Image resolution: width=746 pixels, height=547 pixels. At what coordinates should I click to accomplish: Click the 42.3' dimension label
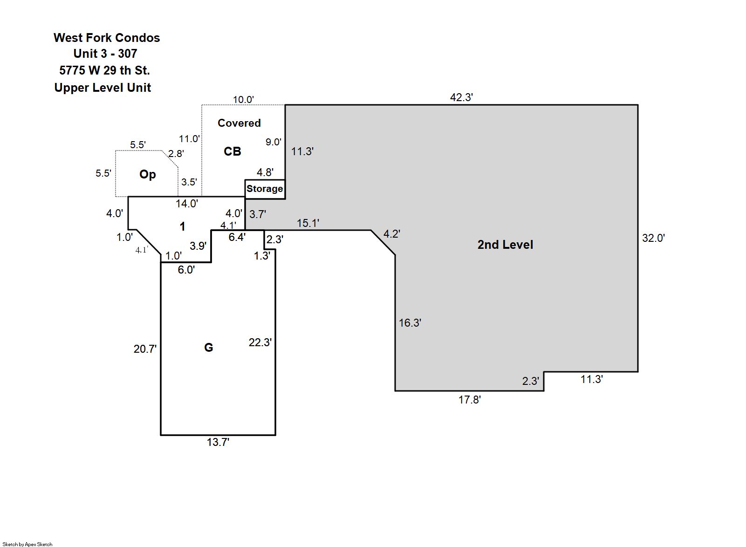[x=461, y=97]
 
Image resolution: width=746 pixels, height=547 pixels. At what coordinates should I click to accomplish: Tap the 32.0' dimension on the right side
[x=653, y=238]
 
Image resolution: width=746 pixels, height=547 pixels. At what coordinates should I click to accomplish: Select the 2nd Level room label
[x=505, y=245]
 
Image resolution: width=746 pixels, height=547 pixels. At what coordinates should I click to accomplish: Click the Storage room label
[x=265, y=189]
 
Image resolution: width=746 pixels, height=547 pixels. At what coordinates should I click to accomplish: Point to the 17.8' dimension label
[x=469, y=400]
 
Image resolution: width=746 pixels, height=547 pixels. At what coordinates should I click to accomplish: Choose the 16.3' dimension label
[x=410, y=323]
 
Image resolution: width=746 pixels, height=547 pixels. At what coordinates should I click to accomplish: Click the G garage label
[x=209, y=348]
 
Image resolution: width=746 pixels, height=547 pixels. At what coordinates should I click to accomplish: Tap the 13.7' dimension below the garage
[x=218, y=442]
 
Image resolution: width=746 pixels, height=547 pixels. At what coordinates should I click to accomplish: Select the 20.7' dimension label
[x=145, y=349]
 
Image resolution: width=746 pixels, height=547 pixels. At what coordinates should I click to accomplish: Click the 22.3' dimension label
[x=260, y=342]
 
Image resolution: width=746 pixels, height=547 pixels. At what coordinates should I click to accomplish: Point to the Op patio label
[x=147, y=174]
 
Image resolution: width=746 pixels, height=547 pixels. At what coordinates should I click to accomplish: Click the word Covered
[x=239, y=123]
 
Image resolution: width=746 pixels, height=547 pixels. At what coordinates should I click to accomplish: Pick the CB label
[x=233, y=151]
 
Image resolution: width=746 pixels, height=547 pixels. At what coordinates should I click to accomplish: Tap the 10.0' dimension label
[x=243, y=99]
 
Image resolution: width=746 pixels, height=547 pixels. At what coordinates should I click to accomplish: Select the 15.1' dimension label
[x=308, y=223]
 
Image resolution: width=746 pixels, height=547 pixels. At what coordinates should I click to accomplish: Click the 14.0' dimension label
[x=186, y=204]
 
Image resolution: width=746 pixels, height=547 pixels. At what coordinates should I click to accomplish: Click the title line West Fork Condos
[x=107, y=38]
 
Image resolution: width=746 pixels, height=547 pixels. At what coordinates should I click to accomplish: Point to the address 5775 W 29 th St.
[x=104, y=70]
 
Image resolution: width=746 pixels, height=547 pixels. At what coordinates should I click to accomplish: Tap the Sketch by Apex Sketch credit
[x=27, y=544]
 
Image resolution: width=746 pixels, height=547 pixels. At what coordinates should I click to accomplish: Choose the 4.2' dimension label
[x=391, y=234]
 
